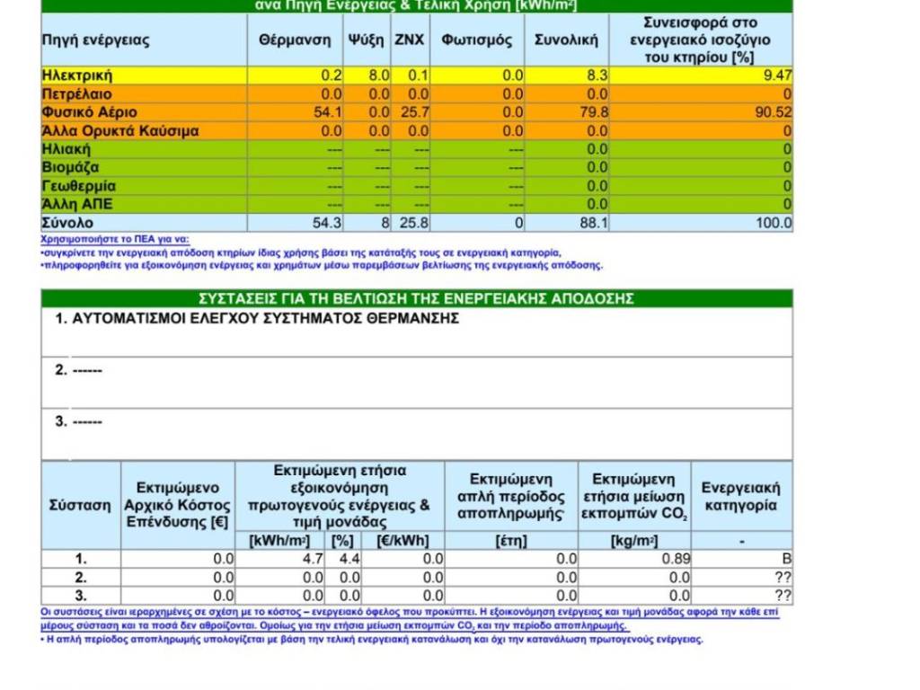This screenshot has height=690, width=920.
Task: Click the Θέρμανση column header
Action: click(285, 40)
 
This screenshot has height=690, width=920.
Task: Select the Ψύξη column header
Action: click(366, 40)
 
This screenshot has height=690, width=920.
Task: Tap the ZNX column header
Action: click(410, 40)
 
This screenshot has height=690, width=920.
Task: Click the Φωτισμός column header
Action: click(476, 40)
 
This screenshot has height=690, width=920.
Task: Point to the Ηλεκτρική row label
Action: click(77, 75)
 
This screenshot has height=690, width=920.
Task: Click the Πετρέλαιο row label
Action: click(77, 94)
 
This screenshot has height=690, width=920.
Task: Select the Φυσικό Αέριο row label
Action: click(89, 112)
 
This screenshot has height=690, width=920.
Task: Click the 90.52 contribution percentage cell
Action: click(774, 112)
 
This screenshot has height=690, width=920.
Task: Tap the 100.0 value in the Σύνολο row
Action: click(774, 223)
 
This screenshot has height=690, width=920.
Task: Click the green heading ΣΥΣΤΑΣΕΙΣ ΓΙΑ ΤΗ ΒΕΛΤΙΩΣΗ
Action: click(416, 298)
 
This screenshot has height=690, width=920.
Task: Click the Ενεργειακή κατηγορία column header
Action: click(740, 497)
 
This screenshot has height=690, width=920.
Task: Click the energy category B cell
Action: click(787, 559)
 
